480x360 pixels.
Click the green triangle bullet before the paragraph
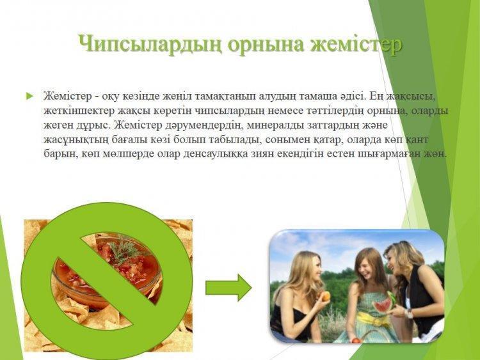(x=29, y=97)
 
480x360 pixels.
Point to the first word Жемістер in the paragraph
(x=68, y=96)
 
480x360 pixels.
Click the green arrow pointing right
(x=228, y=288)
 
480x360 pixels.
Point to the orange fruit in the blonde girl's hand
(x=325, y=296)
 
